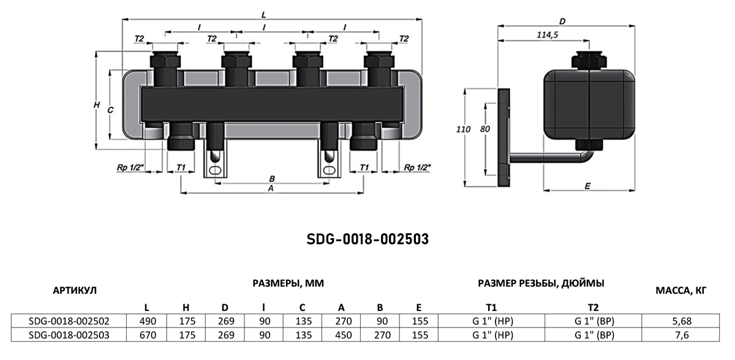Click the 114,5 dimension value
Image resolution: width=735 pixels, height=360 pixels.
[548, 35]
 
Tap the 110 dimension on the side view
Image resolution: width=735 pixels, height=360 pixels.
[463, 130]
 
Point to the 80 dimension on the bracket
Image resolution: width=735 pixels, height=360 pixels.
[484, 129]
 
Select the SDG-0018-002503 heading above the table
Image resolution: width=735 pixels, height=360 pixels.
[367, 239]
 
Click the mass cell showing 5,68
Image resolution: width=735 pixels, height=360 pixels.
[682, 321]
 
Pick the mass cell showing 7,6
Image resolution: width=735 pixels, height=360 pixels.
[682, 335]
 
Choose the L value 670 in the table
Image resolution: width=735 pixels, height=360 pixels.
[148, 335]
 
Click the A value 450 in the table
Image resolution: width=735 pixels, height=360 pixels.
[343, 335]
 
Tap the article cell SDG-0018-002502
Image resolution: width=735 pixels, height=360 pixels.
[69, 321]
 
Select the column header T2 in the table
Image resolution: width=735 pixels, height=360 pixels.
[593, 307]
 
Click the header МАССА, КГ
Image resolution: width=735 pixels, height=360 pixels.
[681, 290]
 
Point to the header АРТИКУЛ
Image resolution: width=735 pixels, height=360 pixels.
[75, 290]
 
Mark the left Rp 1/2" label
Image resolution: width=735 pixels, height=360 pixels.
[130, 168]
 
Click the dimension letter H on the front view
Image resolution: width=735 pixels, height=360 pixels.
[97, 105]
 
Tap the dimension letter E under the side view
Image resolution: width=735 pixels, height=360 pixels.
[587, 186]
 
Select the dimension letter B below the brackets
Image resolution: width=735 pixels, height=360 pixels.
[272, 179]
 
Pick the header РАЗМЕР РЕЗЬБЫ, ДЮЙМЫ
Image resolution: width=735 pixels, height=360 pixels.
[541, 283]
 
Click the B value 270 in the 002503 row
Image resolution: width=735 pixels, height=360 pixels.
[382, 335]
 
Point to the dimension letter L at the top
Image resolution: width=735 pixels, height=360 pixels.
[263, 15]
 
